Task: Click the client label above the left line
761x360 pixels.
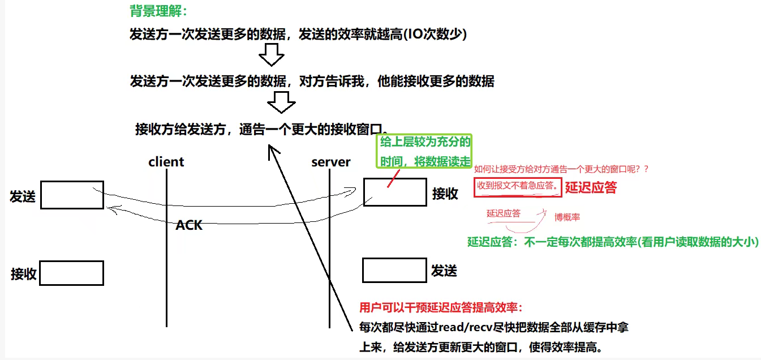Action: click(x=166, y=162)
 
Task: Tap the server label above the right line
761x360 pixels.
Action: click(x=331, y=162)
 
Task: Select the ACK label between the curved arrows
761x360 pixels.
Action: click(x=188, y=225)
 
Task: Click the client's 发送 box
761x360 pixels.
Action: click(x=72, y=195)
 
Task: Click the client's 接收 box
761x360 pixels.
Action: click(x=71, y=273)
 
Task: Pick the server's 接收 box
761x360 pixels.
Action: click(x=395, y=192)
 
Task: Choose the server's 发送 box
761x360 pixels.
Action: click(x=394, y=270)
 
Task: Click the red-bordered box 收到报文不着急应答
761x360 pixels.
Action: click(x=517, y=186)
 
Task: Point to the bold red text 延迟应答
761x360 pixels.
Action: click(x=591, y=187)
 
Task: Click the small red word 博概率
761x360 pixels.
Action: click(x=567, y=217)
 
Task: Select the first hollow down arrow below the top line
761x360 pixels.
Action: click(x=270, y=57)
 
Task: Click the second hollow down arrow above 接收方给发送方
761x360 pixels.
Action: click(x=281, y=102)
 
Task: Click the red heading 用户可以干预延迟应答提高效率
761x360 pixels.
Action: click(x=441, y=308)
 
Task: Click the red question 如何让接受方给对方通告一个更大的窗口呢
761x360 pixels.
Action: click(x=561, y=169)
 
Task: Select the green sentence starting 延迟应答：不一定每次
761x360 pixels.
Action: click(x=613, y=242)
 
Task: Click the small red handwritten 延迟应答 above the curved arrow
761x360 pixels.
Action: click(x=503, y=213)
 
